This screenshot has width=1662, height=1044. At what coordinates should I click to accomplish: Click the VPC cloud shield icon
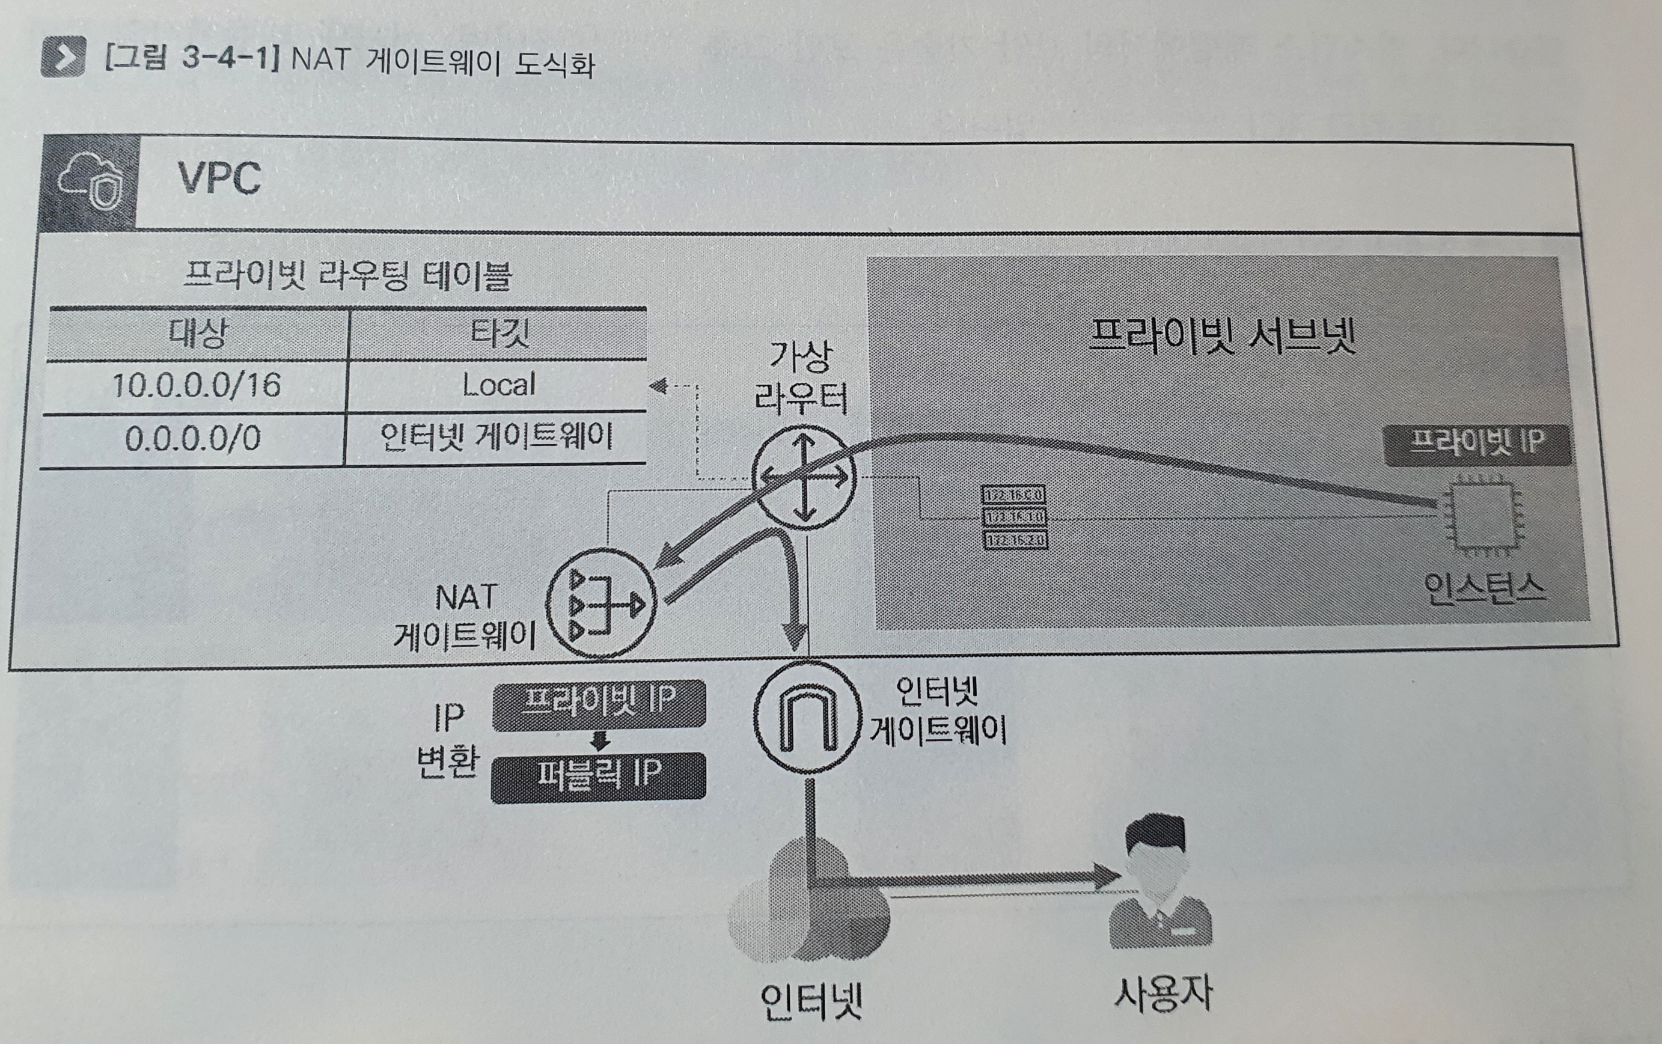90,183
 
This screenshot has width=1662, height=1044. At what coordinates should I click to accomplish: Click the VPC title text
219,179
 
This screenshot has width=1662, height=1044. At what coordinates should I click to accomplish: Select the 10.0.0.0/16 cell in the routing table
196,385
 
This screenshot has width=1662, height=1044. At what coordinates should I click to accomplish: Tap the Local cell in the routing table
498,384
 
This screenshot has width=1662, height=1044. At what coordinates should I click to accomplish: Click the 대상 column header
198,334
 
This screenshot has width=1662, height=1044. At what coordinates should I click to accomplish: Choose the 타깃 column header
499,334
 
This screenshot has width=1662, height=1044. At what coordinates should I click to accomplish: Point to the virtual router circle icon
802,477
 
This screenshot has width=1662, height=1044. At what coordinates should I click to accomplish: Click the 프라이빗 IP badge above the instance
1476,443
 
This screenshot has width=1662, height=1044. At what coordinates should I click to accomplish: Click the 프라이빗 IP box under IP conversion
599,704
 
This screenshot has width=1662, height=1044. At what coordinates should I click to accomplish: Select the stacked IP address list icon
1014,517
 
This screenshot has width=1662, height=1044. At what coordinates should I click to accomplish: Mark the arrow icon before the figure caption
64,56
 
